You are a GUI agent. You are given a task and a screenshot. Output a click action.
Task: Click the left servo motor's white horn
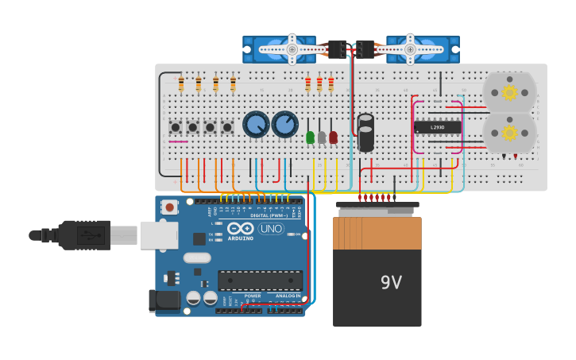292,49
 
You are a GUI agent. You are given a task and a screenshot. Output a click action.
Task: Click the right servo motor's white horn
410,49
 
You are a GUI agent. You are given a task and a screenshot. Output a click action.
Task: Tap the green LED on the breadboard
310,137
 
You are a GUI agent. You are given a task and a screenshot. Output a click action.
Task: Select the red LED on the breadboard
333,137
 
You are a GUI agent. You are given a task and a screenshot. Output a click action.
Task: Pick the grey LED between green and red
322,137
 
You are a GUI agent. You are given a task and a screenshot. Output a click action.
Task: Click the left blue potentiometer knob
256,125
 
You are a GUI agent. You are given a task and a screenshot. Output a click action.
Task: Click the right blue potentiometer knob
284,125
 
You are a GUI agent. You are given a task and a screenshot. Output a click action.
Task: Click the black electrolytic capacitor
365,133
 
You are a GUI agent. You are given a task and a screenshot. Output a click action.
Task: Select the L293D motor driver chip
437,127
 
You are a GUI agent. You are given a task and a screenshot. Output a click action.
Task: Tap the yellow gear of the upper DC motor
509,92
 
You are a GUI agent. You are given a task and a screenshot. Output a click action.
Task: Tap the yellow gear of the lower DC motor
509,132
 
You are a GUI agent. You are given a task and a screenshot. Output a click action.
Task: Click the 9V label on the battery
391,283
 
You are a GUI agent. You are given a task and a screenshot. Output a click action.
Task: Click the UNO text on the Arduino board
271,229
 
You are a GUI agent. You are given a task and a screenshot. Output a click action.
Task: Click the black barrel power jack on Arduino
164,300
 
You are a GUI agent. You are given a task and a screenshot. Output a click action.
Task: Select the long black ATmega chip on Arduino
260,281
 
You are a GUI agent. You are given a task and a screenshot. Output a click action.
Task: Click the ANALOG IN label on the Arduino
288,296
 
